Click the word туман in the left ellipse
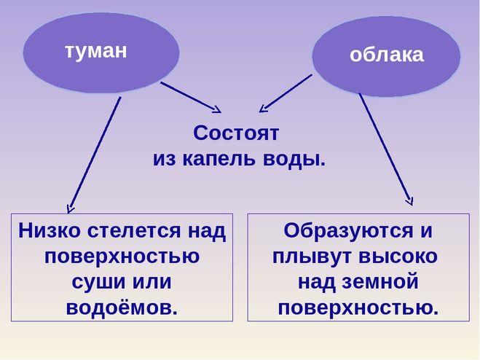pos(96,51)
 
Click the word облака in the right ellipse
pos(387,55)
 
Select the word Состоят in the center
pos(236,133)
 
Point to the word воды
pos(294,160)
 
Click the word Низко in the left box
pos(50,230)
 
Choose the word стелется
pos(134,231)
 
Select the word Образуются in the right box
pos(348,231)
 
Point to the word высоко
pos(398,257)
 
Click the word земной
pos(380,281)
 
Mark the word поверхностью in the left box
pos(122,257)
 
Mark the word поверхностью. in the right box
pos(358,308)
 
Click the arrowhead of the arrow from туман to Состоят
pos(218,110)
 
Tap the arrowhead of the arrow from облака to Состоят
pos(263,109)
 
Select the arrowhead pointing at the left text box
pos(71,209)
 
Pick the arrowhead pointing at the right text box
pos(410,202)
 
